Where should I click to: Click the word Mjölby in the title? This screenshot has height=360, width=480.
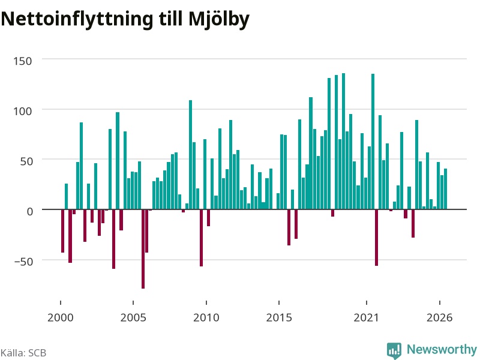click(219, 20)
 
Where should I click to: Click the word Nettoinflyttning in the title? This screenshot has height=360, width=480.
click(77, 20)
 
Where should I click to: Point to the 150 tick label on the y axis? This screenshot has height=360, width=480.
click(23, 61)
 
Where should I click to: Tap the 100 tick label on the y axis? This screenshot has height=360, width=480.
click(23, 111)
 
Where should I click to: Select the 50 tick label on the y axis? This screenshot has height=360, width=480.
click(26, 161)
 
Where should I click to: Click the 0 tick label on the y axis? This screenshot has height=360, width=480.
click(29, 211)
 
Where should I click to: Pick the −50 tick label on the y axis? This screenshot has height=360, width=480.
click(23, 262)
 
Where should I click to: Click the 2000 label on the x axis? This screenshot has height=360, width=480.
click(61, 317)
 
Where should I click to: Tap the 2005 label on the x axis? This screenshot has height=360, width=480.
click(133, 317)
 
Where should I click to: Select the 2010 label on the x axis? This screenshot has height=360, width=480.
click(206, 317)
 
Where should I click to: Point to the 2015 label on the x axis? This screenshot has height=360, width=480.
click(279, 317)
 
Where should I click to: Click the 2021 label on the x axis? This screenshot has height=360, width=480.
click(367, 317)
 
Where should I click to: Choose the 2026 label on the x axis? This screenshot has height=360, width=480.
click(440, 317)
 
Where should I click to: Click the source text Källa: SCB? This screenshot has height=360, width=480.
click(23, 353)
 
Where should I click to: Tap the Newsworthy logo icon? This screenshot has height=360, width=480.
click(394, 350)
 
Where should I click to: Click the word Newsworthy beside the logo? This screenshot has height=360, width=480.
click(442, 349)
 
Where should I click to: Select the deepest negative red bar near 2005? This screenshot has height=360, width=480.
click(143, 249)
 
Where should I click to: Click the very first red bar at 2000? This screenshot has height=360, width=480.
click(63, 231)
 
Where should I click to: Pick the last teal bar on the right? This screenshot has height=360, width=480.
click(445, 189)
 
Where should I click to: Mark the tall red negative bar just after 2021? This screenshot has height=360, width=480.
click(377, 238)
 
